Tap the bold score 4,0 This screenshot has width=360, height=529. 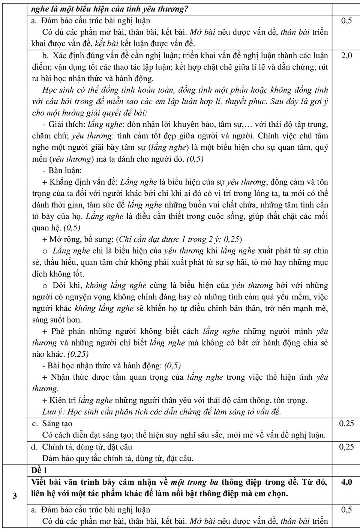point(346,482)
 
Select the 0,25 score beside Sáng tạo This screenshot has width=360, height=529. point(346,424)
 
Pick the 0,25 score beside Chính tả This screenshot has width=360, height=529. point(346,447)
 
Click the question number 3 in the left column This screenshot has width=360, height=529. point(15,496)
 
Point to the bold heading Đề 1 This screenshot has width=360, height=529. point(40,470)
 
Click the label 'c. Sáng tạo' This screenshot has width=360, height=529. point(52,424)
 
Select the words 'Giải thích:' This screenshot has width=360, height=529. point(67,125)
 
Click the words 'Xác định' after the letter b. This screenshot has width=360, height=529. point(66,56)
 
